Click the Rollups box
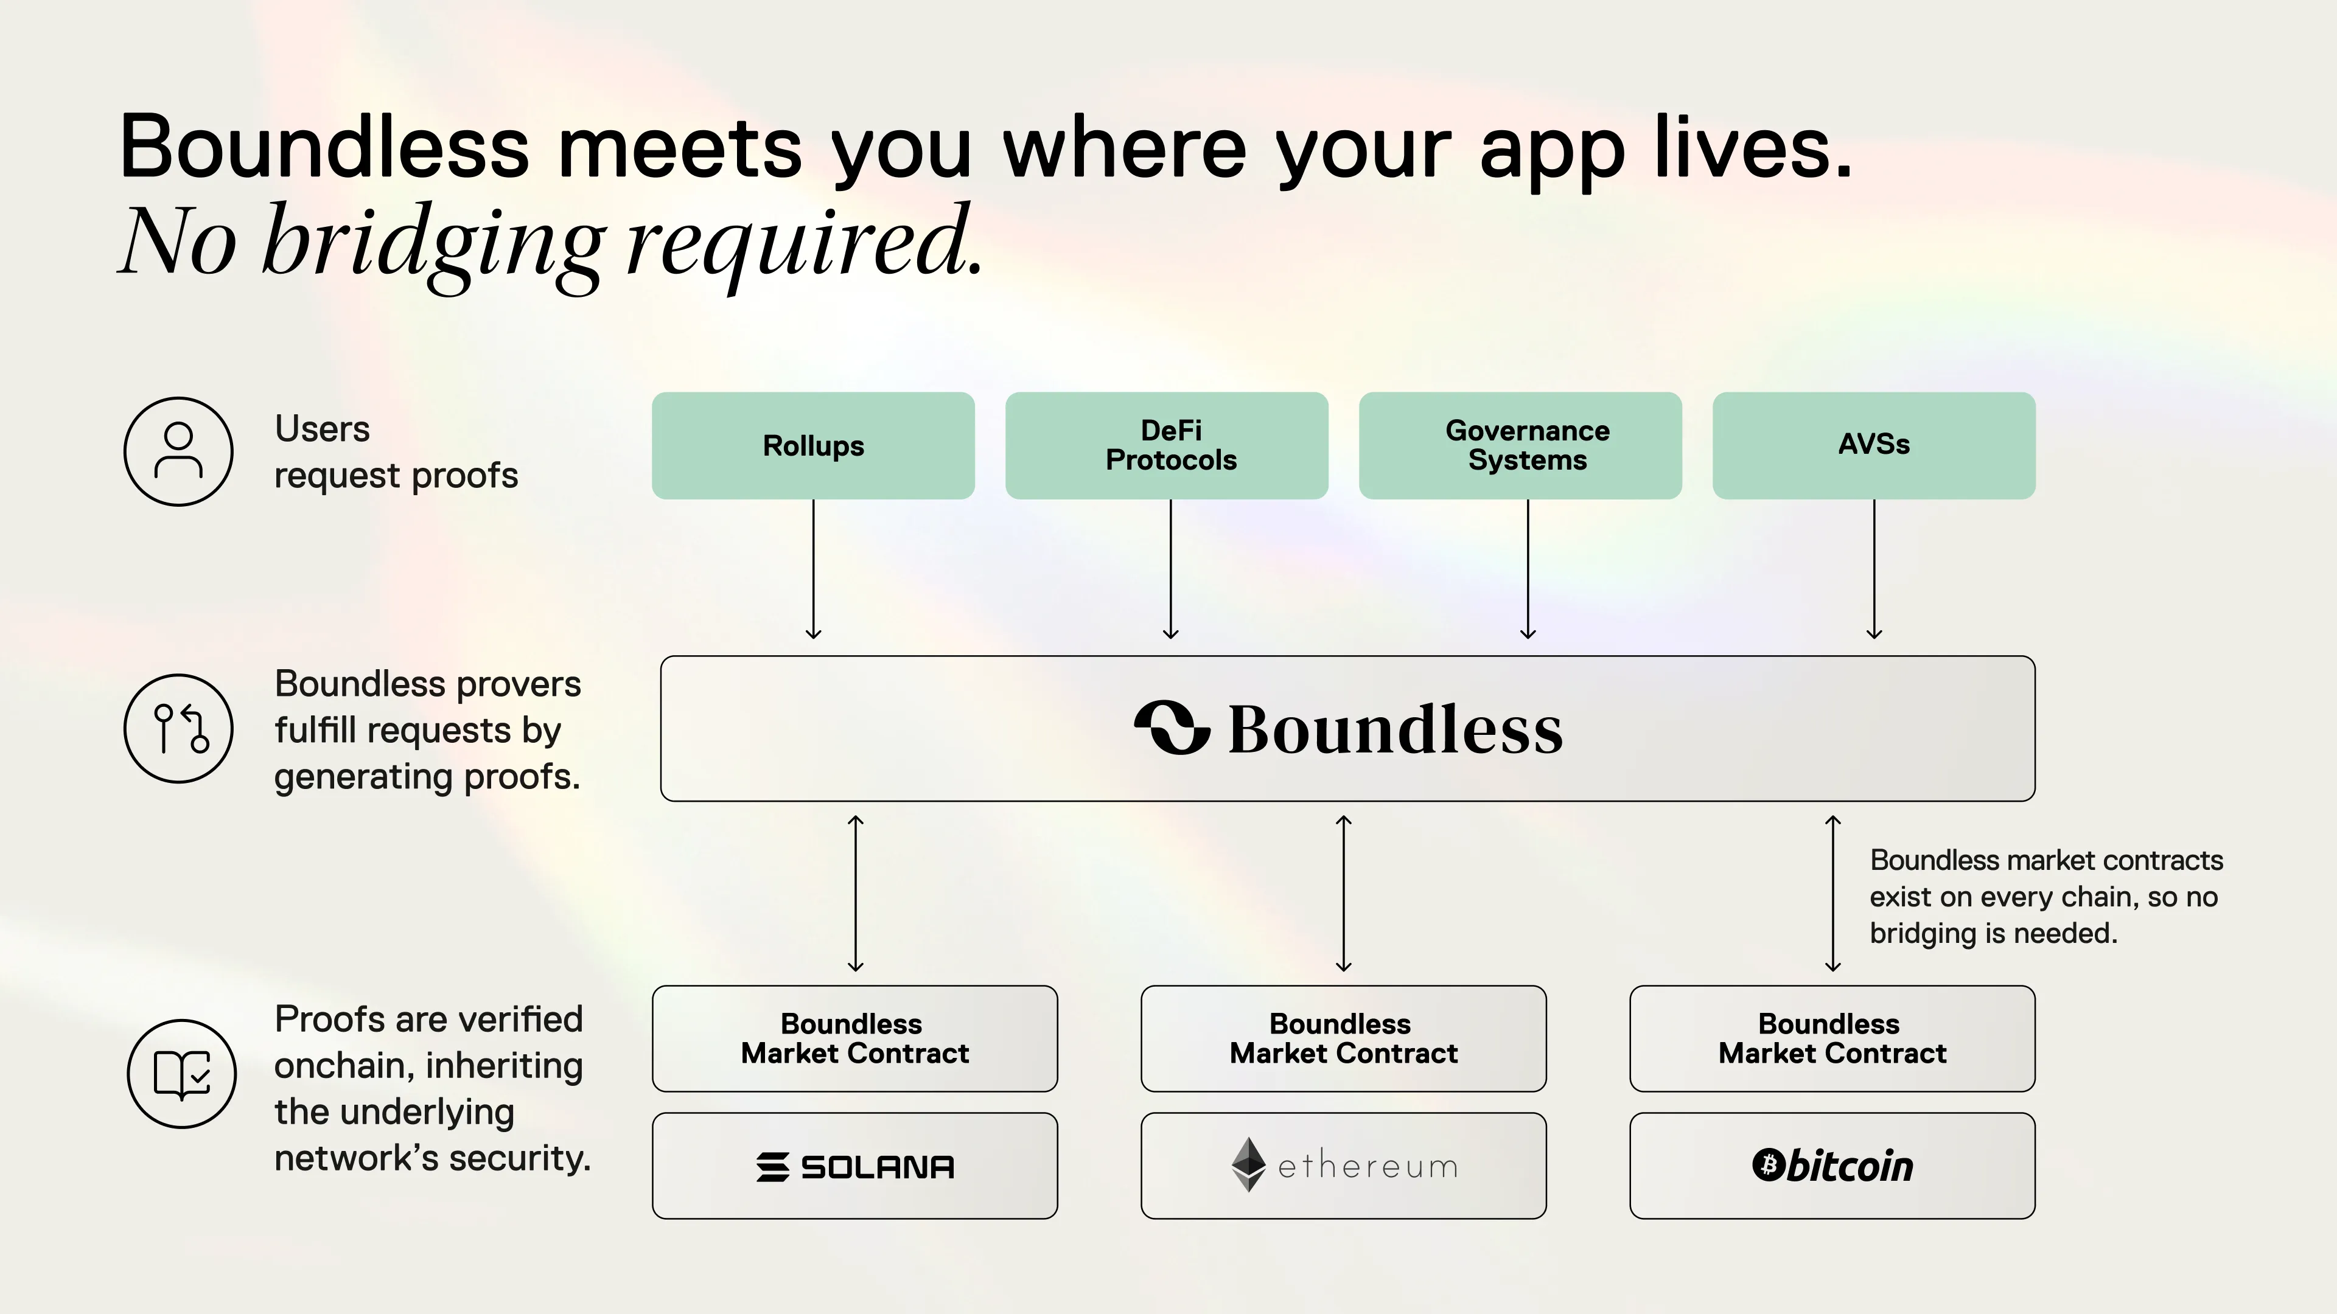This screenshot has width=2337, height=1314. (x=813, y=445)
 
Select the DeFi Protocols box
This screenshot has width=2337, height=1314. (x=1167, y=445)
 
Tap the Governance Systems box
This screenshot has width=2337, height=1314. (x=1520, y=445)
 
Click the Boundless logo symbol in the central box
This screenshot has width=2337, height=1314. (x=1172, y=728)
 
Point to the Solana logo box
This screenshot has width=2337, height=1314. (x=854, y=1166)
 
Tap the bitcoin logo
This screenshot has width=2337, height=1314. (x=1832, y=1166)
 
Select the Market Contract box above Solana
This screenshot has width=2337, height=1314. (x=854, y=1038)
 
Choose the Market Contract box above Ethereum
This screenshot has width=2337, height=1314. (x=1344, y=1038)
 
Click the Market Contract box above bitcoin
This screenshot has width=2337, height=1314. (x=1832, y=1038)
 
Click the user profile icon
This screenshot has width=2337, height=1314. (x=179, y=451)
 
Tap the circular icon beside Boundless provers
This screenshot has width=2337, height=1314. (x=179, y=728)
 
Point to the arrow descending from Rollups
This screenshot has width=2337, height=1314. (x=814, y=569)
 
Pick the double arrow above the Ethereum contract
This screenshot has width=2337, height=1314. (x=1344, y=893)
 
